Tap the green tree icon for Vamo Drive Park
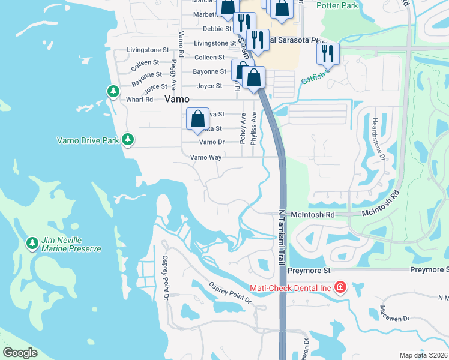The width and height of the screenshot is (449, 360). coord(127,139)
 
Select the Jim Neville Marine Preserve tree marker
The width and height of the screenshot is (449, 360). coord(32,243)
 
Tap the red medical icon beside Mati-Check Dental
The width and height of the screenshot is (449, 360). coord(340,287)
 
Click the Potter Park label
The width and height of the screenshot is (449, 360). coord(337,5)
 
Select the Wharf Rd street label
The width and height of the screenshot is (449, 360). coord(140,100)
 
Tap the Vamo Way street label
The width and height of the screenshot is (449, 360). coord(206,157)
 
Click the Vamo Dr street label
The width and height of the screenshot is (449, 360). coord(211,142)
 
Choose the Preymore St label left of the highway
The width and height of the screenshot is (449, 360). coord(309,271)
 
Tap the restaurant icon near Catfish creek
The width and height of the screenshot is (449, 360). coord(328,53)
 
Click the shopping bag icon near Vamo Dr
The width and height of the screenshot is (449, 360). coord(197,119)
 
